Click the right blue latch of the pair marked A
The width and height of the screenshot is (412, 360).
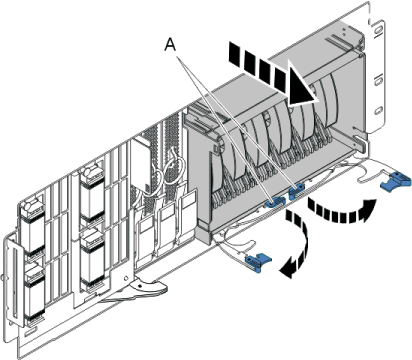295,190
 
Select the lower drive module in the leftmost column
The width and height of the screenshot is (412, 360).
35,289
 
